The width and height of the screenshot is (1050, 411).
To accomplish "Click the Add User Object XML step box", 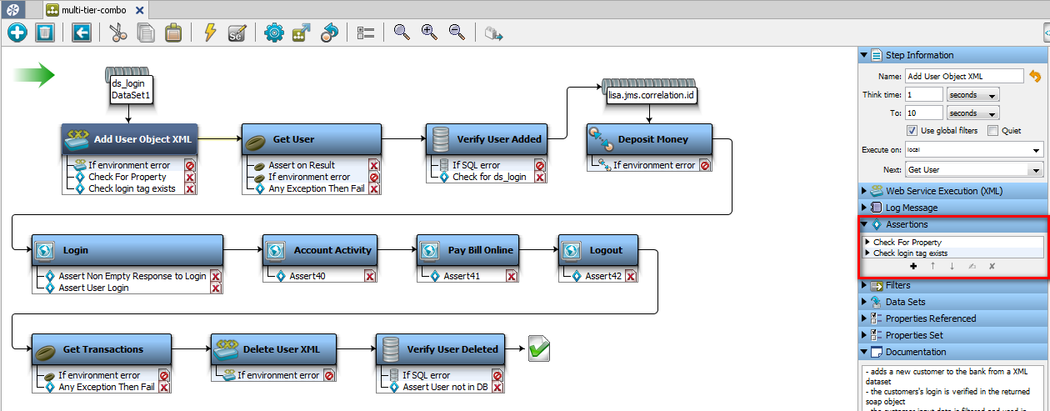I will (128, 139).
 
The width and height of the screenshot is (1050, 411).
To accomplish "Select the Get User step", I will (311, 139).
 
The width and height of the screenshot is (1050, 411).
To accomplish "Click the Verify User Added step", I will (487, 139).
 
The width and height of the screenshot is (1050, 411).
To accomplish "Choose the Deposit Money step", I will (649, 139).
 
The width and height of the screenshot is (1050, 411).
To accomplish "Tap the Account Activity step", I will (320, 250).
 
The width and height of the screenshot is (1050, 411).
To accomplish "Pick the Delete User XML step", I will (274, 349).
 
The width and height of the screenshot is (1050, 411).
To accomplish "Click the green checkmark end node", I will (539, 349).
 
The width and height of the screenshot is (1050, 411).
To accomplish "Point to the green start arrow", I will (34, 75).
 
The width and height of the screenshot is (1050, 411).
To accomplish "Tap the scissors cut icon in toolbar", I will (117, 33).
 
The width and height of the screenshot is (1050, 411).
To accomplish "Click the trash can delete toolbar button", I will (45, 33).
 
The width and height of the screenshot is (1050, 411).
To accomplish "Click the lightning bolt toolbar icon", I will (210, 33).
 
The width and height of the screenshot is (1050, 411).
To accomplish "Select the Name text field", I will (963, 76).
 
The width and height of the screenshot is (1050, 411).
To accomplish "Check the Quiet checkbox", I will (992, 131).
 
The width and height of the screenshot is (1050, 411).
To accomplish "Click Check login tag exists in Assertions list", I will (910, 253).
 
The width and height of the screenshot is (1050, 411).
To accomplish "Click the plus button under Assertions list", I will (913, 267).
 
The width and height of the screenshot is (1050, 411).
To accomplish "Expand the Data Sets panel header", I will (905, 302).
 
